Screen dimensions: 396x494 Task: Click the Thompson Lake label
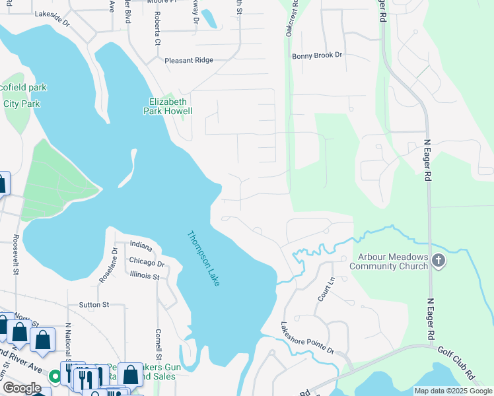[x=203, y=258]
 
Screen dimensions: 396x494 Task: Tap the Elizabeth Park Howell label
[x=168, y=106]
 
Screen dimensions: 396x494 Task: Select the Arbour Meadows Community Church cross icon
[x=438, y=261]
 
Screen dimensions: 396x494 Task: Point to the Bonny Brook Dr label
[x=318, y=56]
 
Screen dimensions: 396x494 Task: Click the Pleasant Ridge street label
[x=189, y=60]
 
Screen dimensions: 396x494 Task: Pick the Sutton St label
[x=94, y=304]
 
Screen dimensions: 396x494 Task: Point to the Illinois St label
[x=145, y=275]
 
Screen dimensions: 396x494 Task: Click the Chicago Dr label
[x=147, y=262]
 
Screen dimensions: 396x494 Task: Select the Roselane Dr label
[x=108, y=265]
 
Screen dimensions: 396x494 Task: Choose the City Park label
[x=22, y=104]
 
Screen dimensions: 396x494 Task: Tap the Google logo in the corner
[x=22, y=388]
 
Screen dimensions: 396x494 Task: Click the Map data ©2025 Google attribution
[x=454, y=391]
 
